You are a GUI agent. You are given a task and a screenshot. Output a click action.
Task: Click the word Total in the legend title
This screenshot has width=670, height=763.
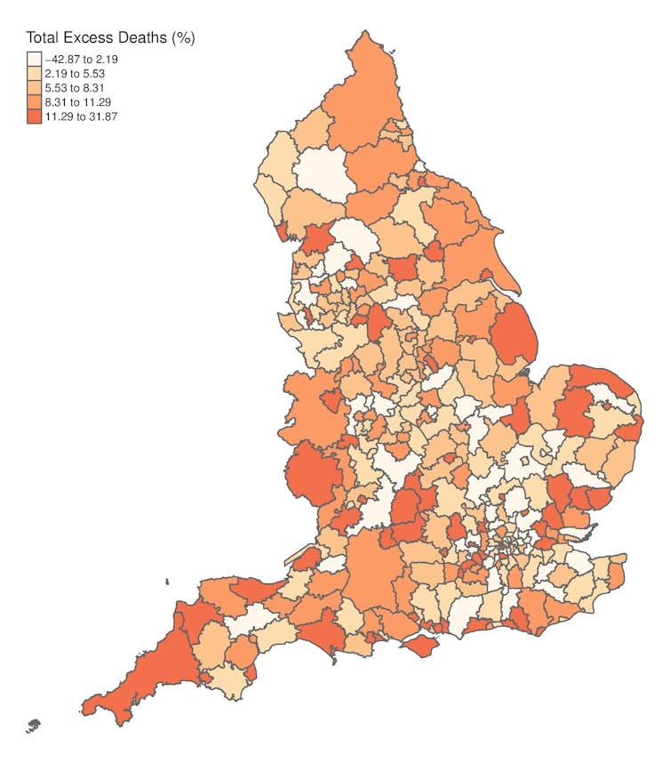[x=44, y=38]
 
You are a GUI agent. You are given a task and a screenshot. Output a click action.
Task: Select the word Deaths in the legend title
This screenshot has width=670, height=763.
[x=144, y=38]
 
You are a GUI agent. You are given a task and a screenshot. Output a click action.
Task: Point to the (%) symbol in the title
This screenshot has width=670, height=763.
[x=183, y=38]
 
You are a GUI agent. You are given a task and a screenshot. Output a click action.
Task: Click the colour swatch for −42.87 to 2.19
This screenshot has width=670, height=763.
[x=34, y=60]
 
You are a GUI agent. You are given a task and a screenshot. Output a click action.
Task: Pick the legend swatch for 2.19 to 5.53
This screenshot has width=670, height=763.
[x=34, y=74]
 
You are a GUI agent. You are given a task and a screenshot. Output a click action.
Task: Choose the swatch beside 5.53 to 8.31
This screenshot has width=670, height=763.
[x=34, y=88]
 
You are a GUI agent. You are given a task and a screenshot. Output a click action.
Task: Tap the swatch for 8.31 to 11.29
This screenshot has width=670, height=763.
[x=34, y=102]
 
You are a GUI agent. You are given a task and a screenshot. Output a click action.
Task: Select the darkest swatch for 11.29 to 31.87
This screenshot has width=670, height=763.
[x=34, y=116]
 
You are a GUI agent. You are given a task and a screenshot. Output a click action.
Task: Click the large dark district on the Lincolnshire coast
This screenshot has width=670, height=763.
[x=513, y=333]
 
